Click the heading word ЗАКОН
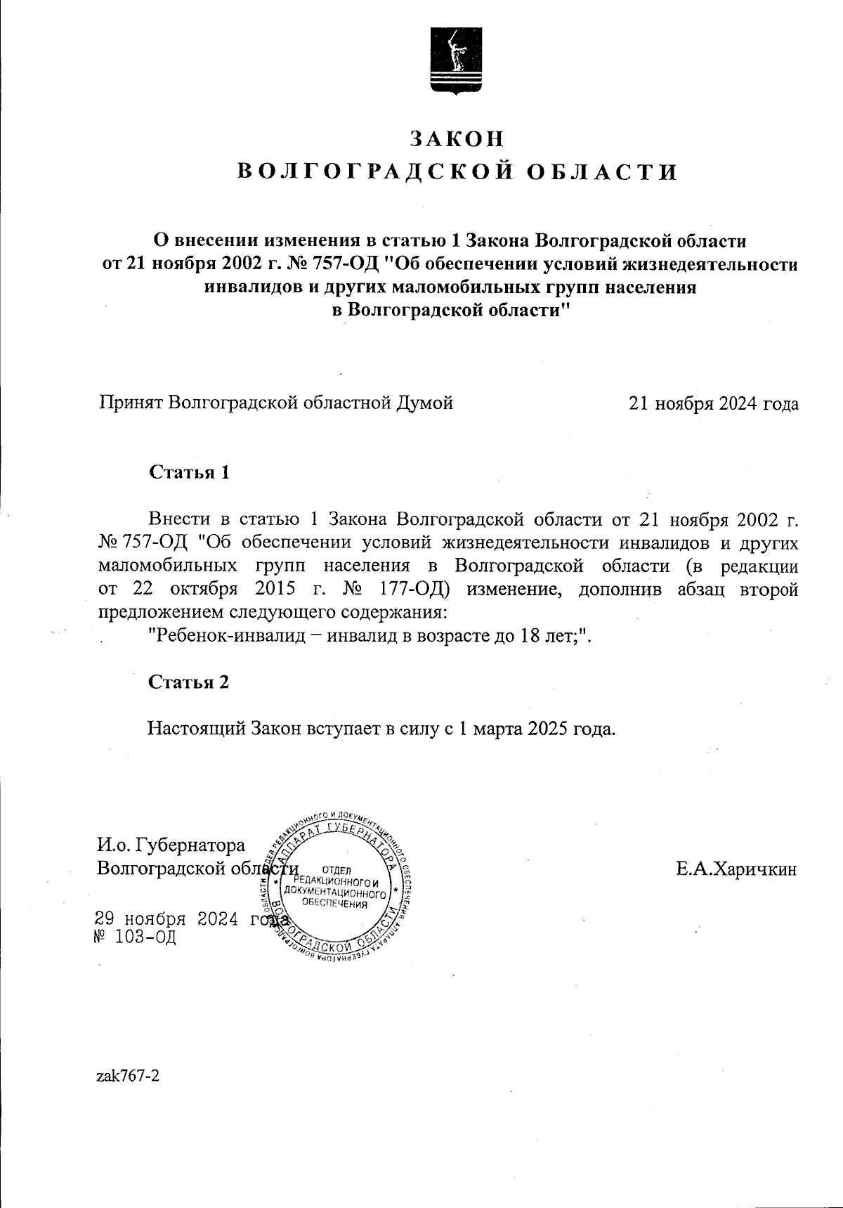457,139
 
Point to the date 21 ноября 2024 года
714,403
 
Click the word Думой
425,403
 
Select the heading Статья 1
189,472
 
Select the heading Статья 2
189,682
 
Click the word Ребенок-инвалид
228,635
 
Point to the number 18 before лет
528,635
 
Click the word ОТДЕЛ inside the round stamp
334,870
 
